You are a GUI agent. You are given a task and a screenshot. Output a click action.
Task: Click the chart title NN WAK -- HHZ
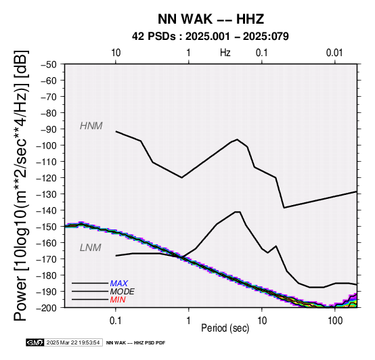tap(211, 19)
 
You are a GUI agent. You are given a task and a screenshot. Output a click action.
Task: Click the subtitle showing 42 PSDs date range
tap(211, 37)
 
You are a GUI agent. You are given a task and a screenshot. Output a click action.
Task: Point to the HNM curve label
tap(91, 126)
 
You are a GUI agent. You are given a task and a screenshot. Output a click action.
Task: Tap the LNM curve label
tap(91, 248)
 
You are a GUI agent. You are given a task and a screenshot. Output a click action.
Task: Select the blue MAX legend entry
tap(119, 284)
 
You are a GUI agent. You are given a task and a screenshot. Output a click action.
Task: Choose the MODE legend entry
tap(123, 292)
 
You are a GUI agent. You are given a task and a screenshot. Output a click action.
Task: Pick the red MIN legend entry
tap(118, 300)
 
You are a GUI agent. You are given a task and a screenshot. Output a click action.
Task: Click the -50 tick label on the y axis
tap(49, 64)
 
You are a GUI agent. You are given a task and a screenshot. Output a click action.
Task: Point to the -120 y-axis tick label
tap(47, 177)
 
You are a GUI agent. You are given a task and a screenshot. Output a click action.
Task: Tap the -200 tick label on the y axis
tap(47, 307)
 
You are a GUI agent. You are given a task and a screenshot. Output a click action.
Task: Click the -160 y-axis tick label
tap(47, 243)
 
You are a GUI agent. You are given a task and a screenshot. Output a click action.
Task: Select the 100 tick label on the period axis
tap(335, 321)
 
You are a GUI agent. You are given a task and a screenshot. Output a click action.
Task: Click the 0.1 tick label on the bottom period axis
tap(116, 321)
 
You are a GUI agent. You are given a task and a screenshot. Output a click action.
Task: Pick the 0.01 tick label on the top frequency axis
tap(335, 52)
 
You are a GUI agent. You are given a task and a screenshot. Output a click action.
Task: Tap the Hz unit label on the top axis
tap(225, 52)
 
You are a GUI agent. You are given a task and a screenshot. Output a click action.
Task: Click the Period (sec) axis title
tap(225, 328)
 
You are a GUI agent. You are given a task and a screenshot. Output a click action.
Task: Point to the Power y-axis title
tap(21, 185)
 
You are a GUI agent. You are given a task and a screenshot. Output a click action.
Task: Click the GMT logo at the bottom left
tap(35, 342)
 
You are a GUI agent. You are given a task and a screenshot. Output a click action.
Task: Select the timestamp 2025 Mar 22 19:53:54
tap(73, 342)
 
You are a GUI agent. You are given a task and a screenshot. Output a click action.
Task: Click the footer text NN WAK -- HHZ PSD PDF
tap(135, 343)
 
